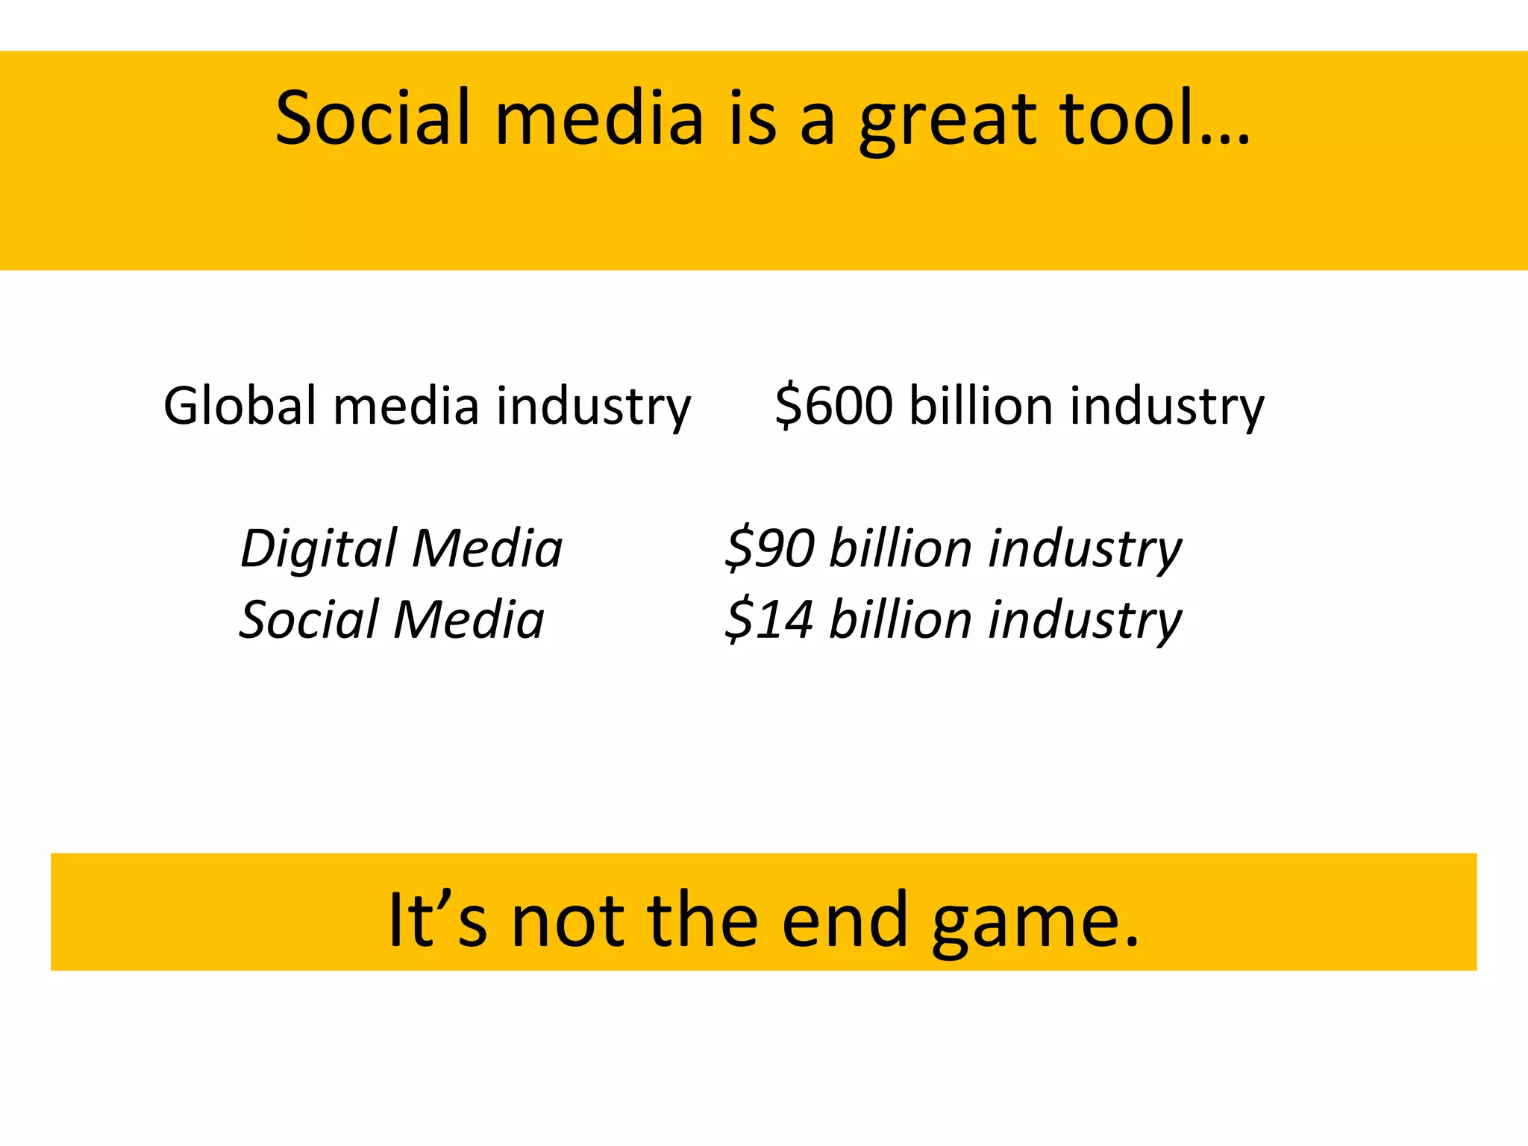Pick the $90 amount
770,548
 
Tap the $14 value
770,619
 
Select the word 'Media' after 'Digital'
488,548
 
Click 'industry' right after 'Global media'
594,407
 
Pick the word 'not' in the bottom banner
568,921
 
